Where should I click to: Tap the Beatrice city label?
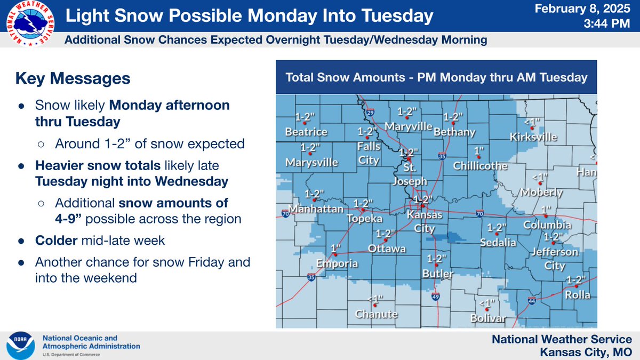pyautogui.click(x=306, y=132)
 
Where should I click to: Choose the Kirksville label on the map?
pyautogui.click(x=533, y=137)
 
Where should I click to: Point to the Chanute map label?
pyautogui.click(x=377, y=314)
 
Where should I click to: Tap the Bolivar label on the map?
pyautogui.click(x=488, y=318)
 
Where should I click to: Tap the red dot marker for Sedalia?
pyautogui.click(x=497, y=234)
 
